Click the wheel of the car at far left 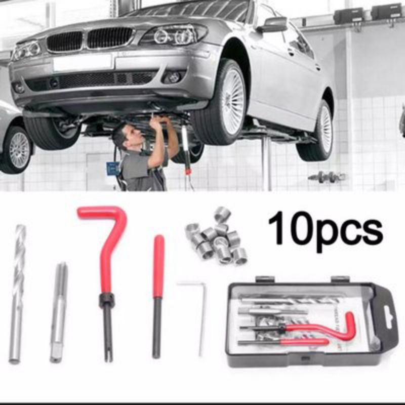18,149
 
